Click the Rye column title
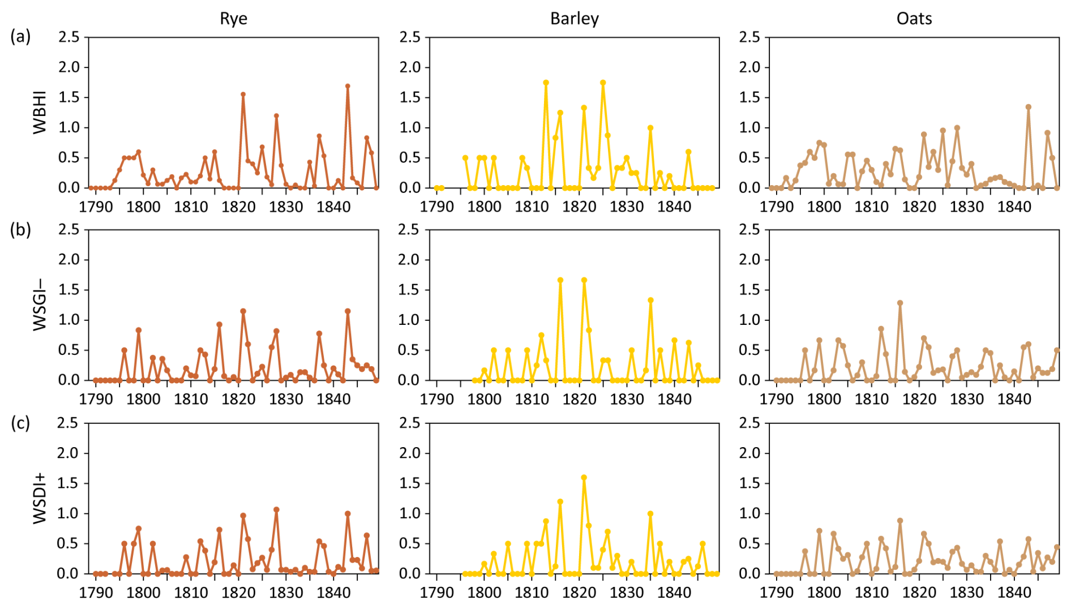233,19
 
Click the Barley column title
574,19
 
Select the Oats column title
914,19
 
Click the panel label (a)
20,37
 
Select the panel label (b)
20,230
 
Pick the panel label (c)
20,423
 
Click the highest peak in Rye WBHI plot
348,86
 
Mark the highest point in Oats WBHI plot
1028,107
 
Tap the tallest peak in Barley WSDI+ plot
584,478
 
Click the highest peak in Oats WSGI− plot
899,303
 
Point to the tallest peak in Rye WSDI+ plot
276,509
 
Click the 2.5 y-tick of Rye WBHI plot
69,37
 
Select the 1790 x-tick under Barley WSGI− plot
436,400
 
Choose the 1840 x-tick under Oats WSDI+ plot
1014,593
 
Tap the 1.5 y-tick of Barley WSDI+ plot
410,483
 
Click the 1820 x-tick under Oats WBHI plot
919,207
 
